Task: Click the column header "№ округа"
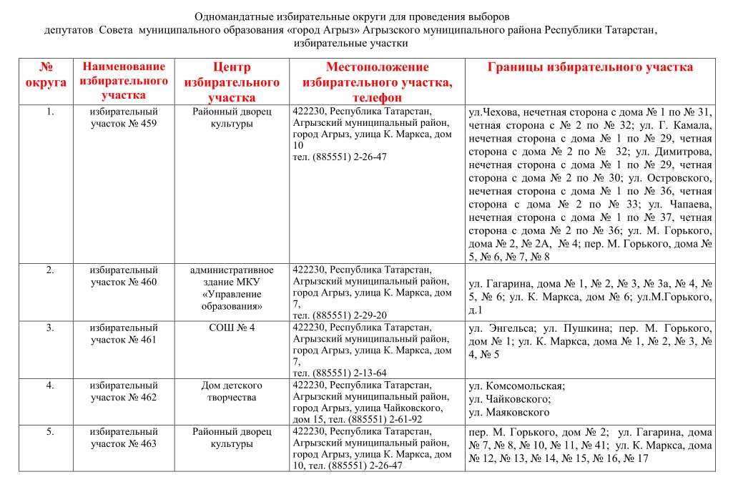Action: click(46, 74)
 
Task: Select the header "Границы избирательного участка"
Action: click(590, 67)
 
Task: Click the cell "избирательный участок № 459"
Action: click(124, 117)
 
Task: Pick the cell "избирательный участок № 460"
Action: click(124, 275)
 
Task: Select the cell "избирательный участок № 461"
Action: click(124, 333)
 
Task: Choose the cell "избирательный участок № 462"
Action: click(124, 391)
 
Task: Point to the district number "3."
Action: click(50, 328)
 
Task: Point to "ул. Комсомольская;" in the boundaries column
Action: click(516, 386)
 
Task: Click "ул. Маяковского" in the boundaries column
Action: click(508, 412)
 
